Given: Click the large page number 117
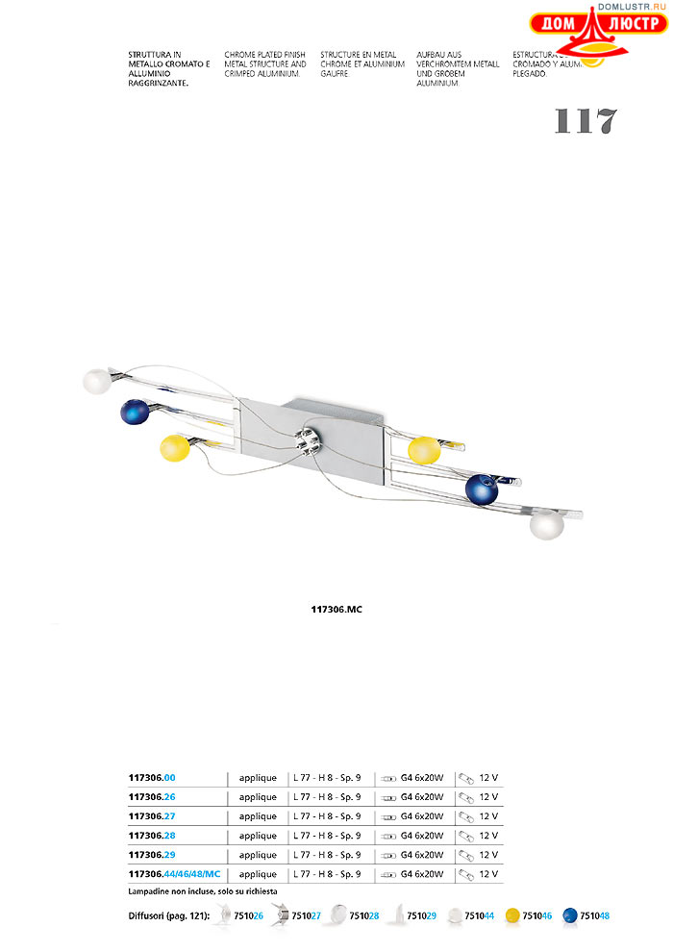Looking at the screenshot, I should coord(585,121).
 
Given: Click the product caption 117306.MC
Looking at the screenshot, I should coord(336,610).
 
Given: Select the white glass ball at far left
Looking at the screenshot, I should coord(96,381).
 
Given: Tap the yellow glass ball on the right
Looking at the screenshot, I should coord(423,450).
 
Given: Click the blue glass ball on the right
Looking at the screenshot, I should coord(481,489).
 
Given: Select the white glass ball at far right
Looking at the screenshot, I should coord(547,526).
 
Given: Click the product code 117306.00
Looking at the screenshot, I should coord(152,777).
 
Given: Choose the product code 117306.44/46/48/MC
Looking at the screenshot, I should coord(174,874).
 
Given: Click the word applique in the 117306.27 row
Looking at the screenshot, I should coord(258,816).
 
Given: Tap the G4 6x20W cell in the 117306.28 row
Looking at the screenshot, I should coord(421,836).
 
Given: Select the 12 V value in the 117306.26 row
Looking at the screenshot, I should coord(488,797).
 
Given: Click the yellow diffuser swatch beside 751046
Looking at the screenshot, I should coord(512,916).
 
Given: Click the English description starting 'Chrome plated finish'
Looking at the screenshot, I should coord(265,64).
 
